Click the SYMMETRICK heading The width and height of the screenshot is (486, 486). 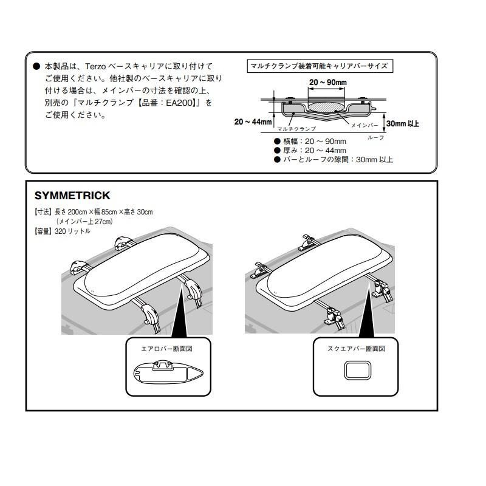point(72,196)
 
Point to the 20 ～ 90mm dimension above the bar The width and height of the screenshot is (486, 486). point(327,82)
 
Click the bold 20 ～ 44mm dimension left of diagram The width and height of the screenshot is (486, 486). point(253,122)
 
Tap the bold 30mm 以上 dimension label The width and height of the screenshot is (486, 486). point(402,124)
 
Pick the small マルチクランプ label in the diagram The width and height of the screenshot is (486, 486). point(296,129)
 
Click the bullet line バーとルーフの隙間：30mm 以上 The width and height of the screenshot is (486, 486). point(338,160)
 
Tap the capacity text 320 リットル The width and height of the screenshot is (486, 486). point(72,231)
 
